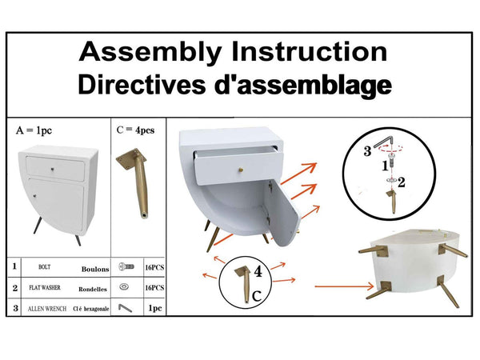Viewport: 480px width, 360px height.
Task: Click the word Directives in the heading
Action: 142,85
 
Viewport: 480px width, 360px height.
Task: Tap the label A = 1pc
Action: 34,130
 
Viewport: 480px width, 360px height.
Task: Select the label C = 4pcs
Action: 136,130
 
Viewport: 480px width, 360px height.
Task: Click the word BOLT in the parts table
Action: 44,267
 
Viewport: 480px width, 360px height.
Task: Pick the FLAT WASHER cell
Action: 45,288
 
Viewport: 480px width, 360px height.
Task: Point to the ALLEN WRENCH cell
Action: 47,309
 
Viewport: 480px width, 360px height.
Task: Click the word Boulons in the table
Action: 95,269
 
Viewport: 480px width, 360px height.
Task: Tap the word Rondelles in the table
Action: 93,290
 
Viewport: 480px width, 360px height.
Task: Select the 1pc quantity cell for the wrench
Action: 155,308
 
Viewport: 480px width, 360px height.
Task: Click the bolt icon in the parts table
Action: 126,266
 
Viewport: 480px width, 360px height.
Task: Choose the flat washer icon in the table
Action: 124,287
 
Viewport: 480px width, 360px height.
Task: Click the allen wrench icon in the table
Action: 125,308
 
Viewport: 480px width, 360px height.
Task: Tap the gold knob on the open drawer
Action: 242,169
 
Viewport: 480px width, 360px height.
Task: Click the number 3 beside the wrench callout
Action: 367,151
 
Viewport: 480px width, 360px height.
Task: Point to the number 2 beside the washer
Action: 402,182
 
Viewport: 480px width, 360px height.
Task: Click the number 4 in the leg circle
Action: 258,271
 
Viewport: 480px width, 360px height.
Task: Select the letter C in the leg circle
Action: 257,296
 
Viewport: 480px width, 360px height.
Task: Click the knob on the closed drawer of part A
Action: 53,169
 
